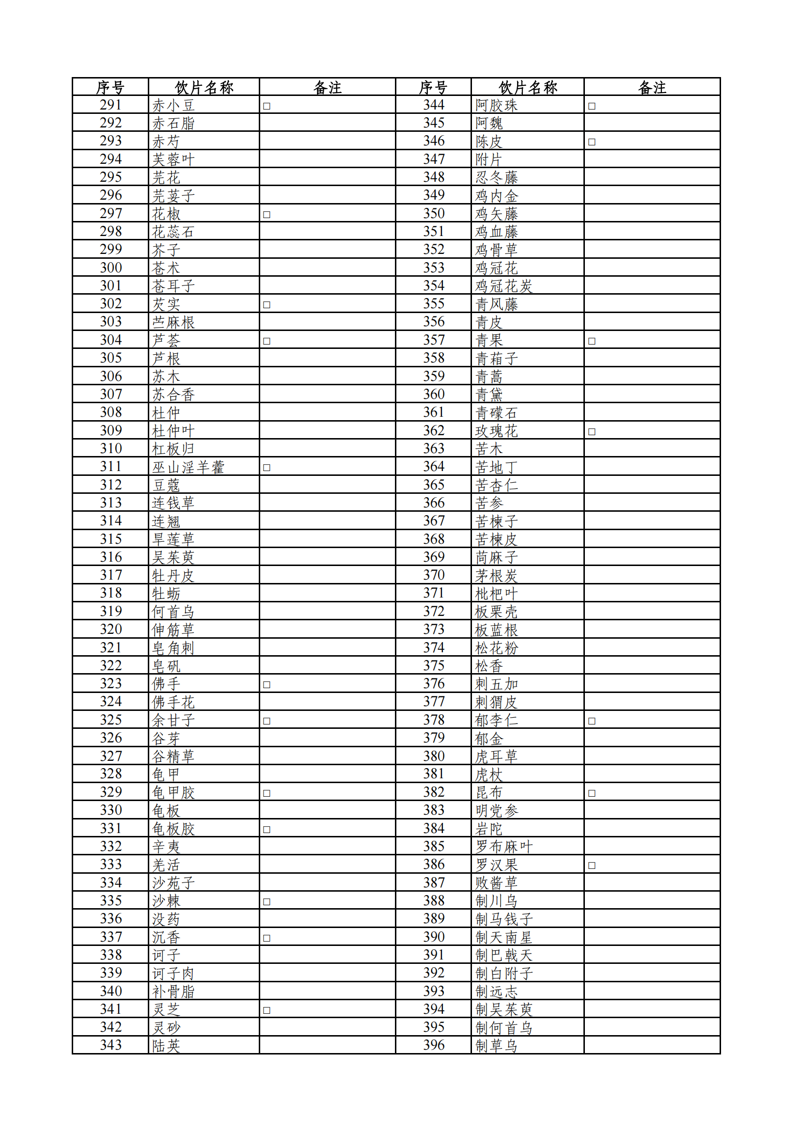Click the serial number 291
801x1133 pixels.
[110, 105]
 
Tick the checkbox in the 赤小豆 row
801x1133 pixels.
[267, 106]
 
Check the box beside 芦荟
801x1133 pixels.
[267, 341]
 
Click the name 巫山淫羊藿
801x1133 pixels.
[188, 467]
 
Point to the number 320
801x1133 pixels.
[110, 629]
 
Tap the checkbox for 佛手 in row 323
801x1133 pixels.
[267, 684]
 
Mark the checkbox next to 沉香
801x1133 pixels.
[267, 938]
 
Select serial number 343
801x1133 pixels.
[110, 1045]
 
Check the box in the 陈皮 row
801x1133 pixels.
[592, 142]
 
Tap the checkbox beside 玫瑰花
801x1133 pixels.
[592, 431]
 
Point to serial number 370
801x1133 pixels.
[434, 575]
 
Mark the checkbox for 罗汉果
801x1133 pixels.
[592, 865]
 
